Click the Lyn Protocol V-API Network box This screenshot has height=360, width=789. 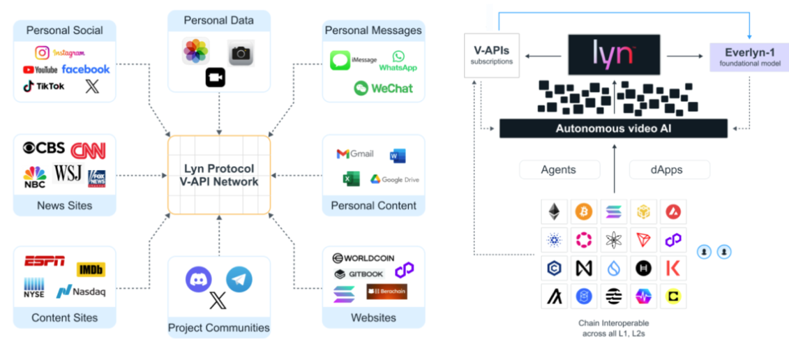click(x=220, y=175)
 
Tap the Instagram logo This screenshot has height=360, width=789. click(x=60, y=52)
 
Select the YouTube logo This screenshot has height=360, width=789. click(x=40, y=70)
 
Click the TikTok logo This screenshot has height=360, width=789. click(x=44, y=87)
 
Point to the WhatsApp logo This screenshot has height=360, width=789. click(x=398, y=61)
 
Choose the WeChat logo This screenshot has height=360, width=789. click(x=383, y=88)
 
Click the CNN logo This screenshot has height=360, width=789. click(x=88, y=149)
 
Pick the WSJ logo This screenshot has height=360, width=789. click(x=68, y=174)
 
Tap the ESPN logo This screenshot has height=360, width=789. click(x=45, y=262)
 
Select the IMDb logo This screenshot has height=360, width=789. click(x=91, y=269)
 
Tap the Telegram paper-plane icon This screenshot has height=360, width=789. click(x=239, y=279)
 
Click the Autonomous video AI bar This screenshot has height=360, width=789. click(x=613, y=128)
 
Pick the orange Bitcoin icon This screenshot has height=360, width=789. click(x=583, y=211)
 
